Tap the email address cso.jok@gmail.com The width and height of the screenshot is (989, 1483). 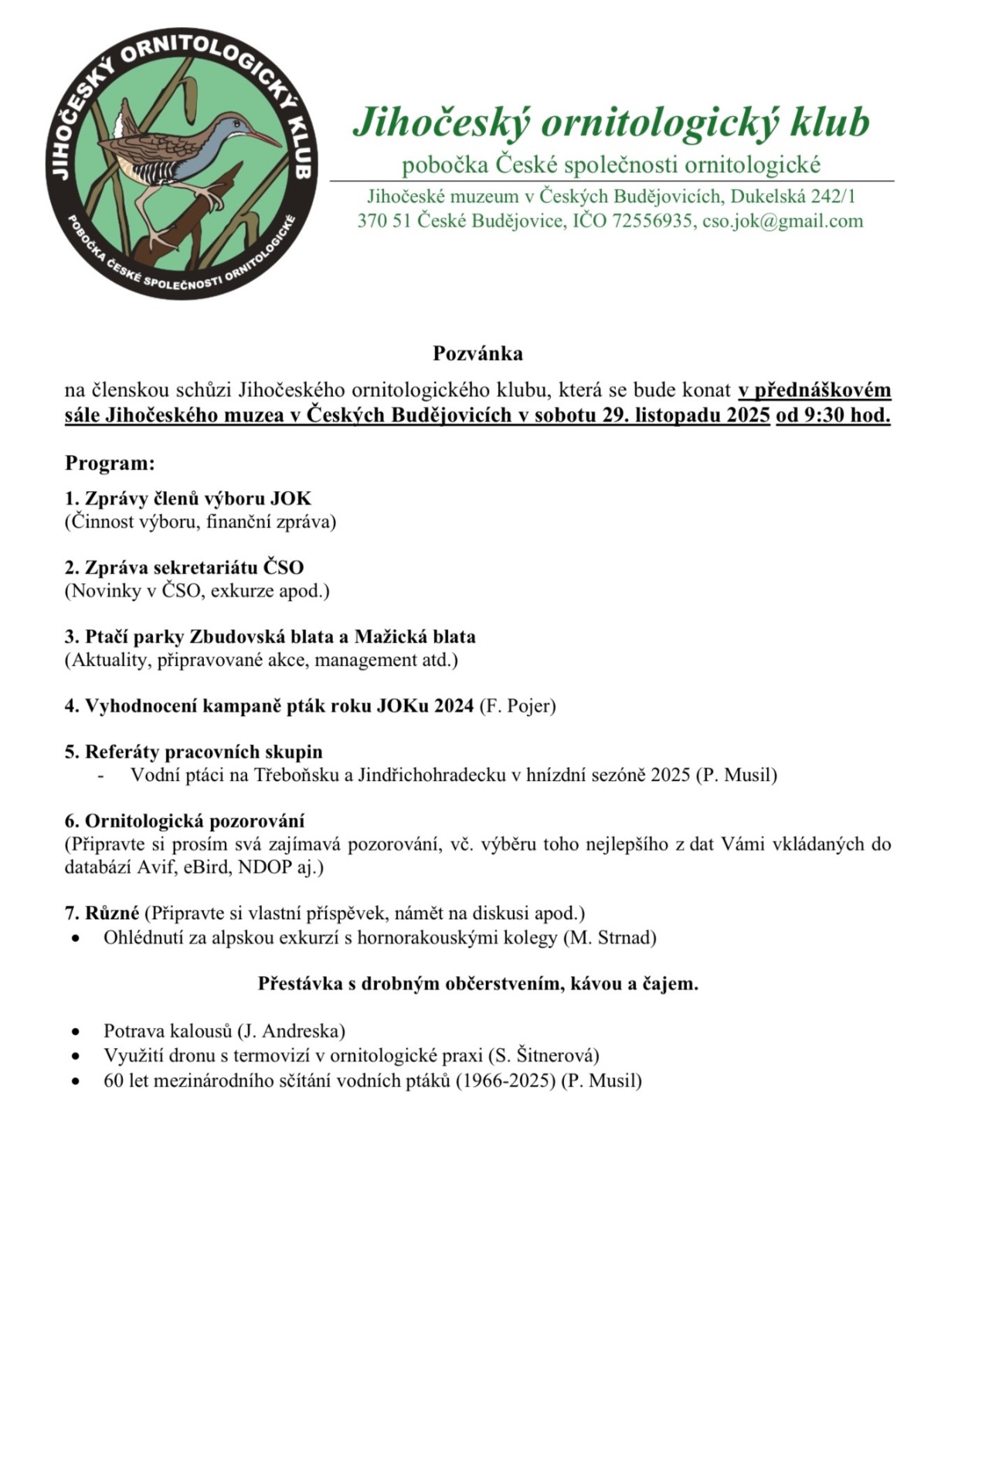point(782,222)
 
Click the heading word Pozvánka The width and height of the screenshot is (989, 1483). point(478,354)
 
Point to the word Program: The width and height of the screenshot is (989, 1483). point(110,463)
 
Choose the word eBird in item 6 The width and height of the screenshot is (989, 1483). point(206,867)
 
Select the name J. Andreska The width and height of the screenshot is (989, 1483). point(291,1031)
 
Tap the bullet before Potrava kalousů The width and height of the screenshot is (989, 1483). point(75,1032)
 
